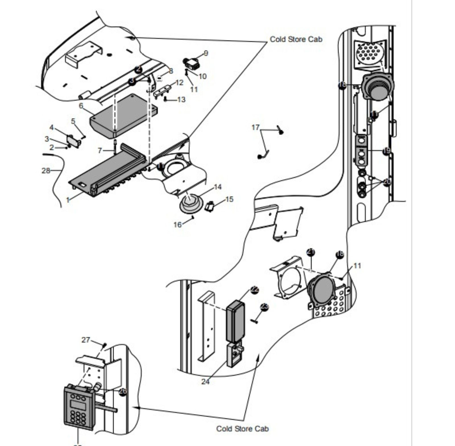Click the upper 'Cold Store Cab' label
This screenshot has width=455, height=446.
[x=296, y=39]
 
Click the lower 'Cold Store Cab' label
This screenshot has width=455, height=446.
[x=242, y=429]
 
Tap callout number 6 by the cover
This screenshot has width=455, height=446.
[x=81, y=106]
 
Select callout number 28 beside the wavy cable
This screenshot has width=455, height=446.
[x=45, y=171]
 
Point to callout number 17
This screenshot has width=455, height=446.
[x=255, y=127]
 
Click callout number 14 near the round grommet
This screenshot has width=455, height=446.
[x=217, y=187]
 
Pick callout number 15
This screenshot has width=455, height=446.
[x=229, y=199]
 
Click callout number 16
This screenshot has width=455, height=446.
[x=177, y=225]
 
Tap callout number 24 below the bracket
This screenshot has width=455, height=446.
[x=205, y=381]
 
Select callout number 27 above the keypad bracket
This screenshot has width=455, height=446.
[x=86, y=340]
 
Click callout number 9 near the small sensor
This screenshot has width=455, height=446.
[x=206, y=53]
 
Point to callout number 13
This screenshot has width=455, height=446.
[x=181, y=99]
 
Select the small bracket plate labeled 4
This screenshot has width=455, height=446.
[x=73, y=141]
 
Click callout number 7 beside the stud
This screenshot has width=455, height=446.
[x=100, y=150]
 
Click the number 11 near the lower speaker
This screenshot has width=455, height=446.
[x=357, y=266]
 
